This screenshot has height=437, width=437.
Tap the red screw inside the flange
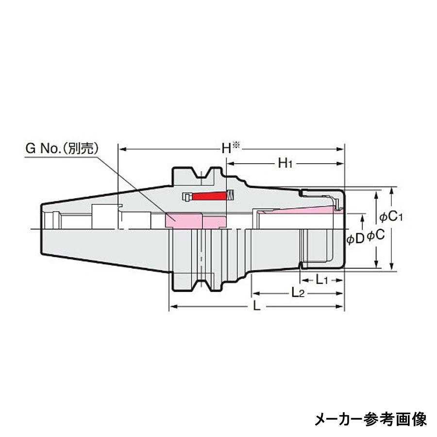(x=210, y=196)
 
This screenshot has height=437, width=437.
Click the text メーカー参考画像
(x=370, y=419)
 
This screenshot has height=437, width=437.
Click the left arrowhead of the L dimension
(x=171, y=307)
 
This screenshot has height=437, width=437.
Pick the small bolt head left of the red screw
(x=186, y=197)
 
